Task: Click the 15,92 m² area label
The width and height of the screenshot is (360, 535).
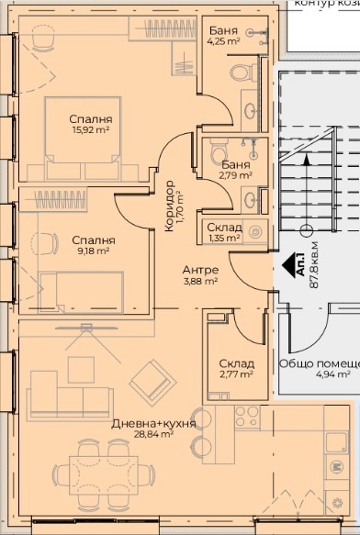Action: [x=90, y=130]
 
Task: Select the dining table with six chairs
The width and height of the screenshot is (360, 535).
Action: [x=119, y=470]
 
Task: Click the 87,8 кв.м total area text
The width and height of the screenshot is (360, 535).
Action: [x=315, y=262]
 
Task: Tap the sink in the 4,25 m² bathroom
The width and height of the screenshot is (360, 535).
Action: [x=250, y=112]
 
